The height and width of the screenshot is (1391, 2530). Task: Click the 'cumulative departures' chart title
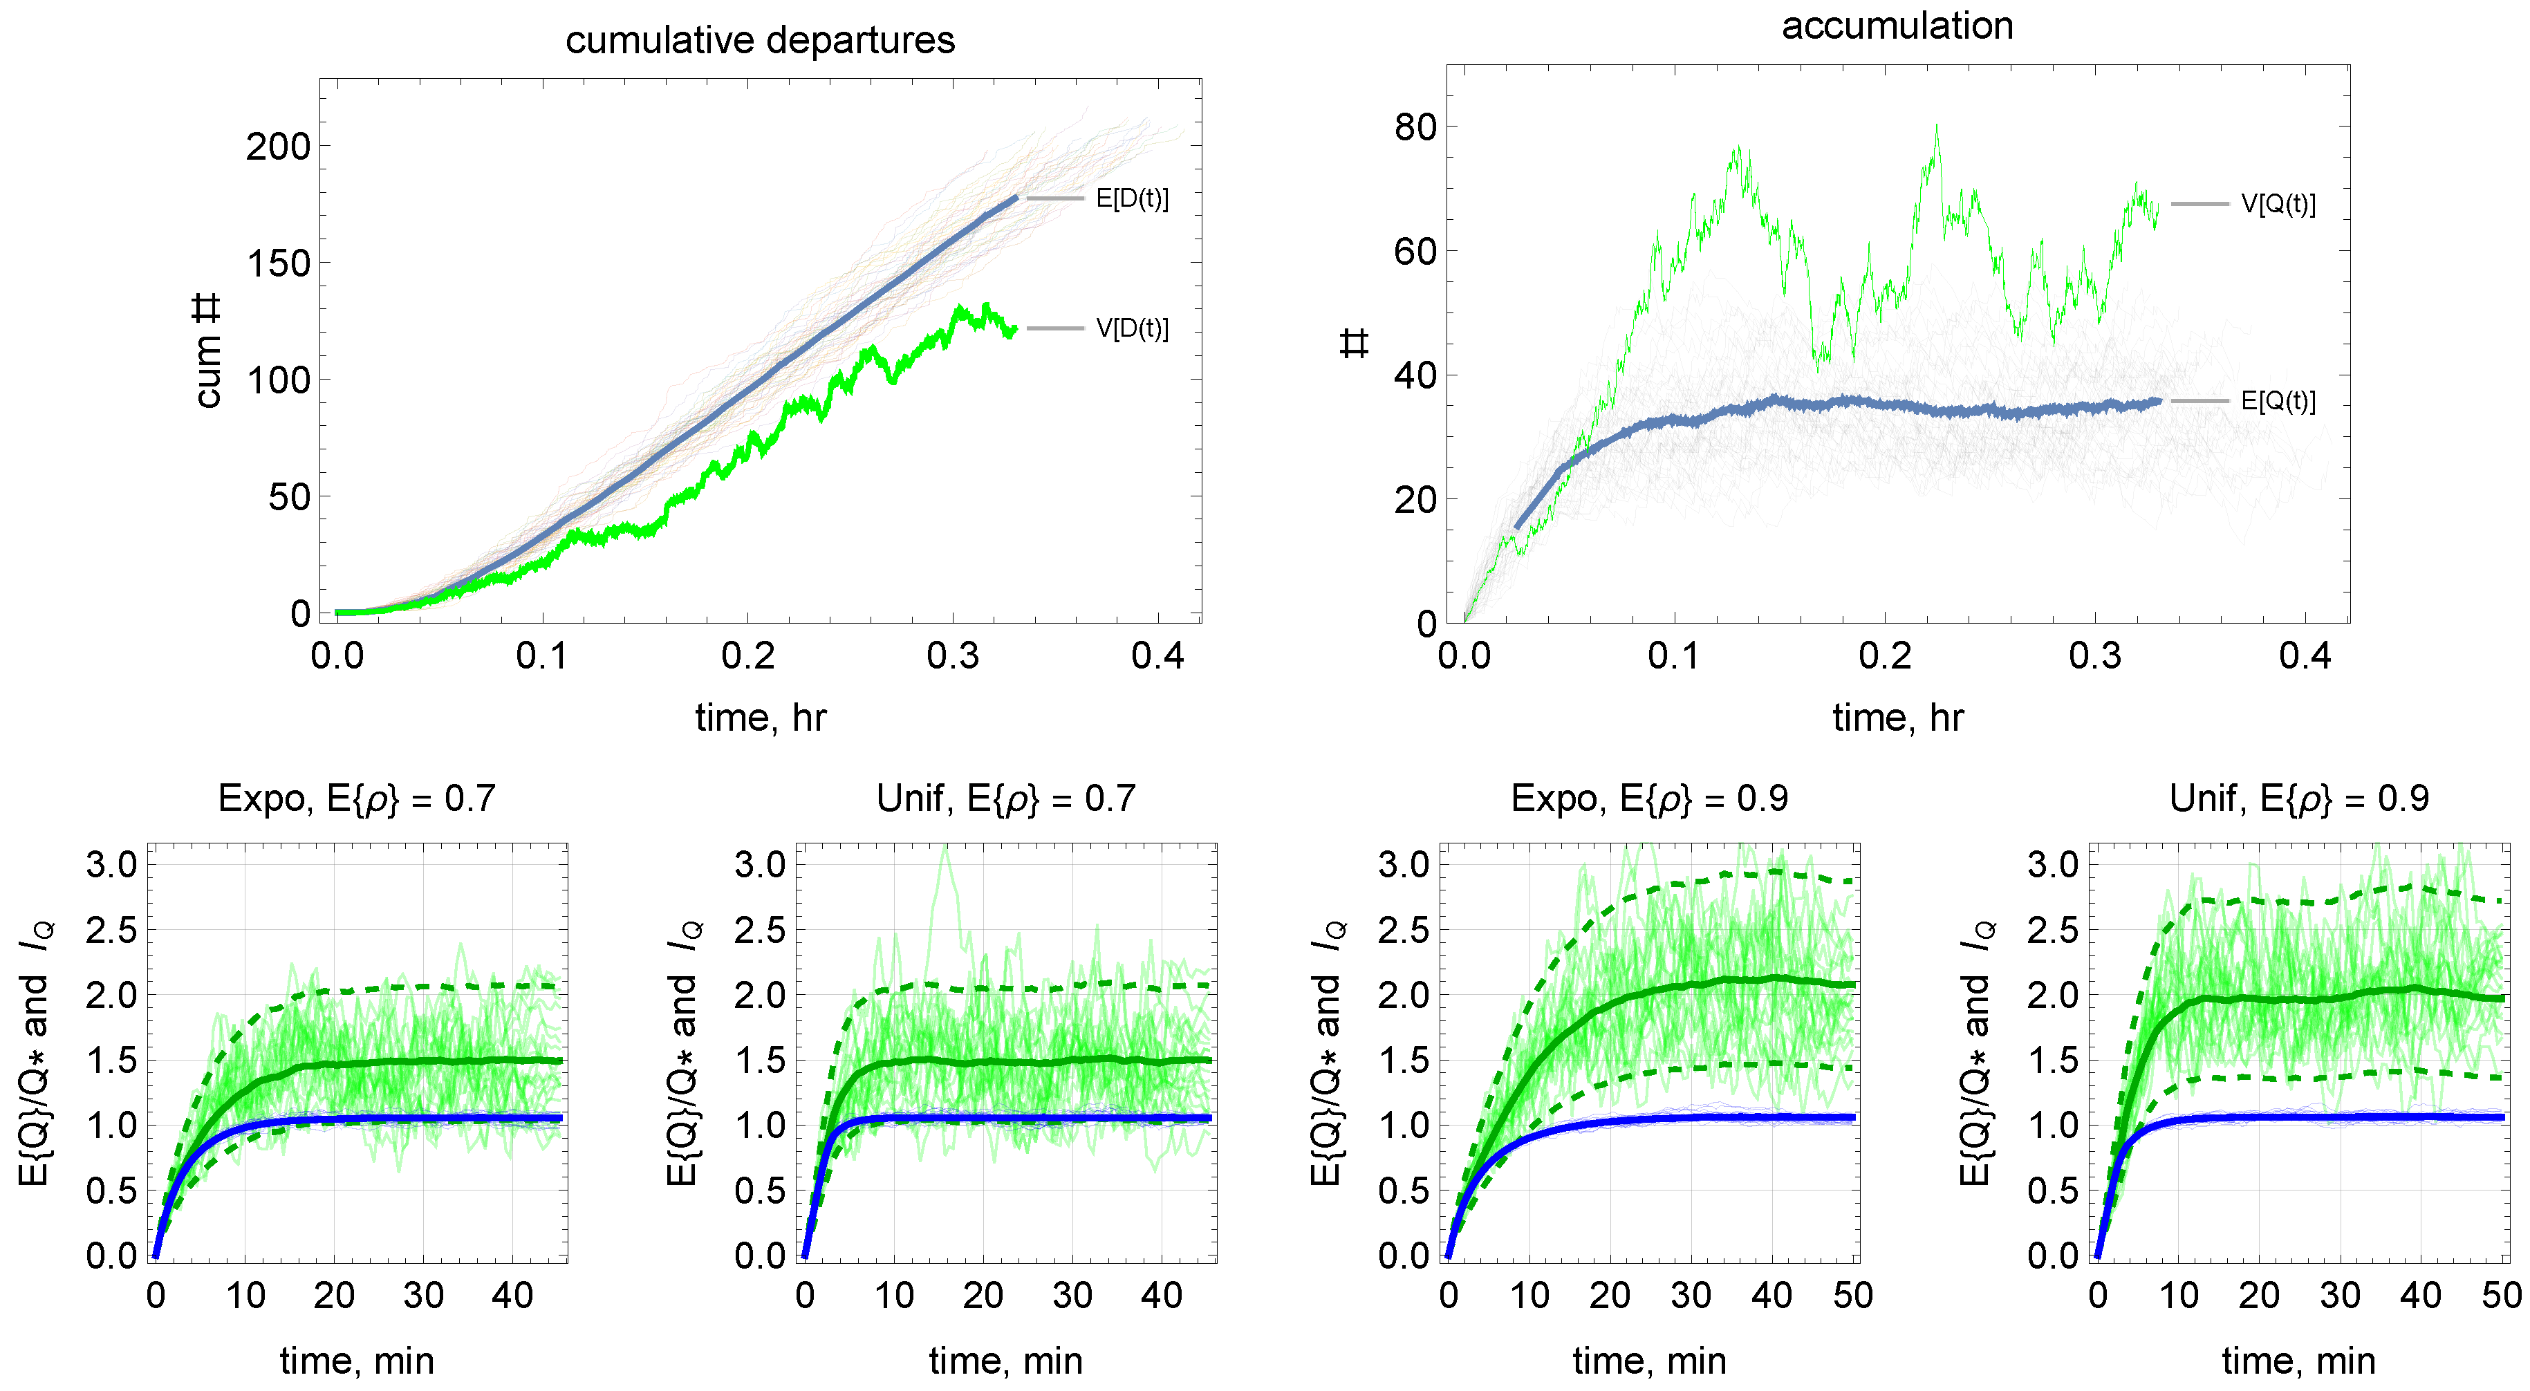tap(759, 40)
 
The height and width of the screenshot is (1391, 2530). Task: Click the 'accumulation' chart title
tap(1897, 26)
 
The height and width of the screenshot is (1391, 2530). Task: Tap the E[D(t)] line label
tap(1131, 198)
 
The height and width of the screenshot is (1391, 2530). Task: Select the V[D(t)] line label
tap(1131, 328)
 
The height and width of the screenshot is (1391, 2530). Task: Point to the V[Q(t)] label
tap(2278, 205)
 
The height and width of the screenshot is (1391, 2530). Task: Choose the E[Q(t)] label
tap(2278, 401)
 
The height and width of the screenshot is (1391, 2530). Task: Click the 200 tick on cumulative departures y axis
tap(277, 147)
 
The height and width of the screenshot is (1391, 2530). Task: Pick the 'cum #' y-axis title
tap(207, 351)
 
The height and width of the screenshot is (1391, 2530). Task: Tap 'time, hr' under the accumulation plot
tap(1897, 718)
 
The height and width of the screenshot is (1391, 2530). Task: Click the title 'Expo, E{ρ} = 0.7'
tap(357, 799)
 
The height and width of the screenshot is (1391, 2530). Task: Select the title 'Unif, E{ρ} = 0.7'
tap(1006, 799)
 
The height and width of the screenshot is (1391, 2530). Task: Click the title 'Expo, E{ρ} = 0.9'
tap(1649, 799)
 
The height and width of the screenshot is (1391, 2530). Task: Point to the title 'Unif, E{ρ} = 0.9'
tap(2298, 799)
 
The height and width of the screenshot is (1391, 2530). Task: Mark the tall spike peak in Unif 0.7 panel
tap(945, 847)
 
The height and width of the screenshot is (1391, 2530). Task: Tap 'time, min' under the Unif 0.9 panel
tap(2298, 1361)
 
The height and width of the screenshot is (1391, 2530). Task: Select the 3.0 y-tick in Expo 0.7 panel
tap(111, 866)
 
